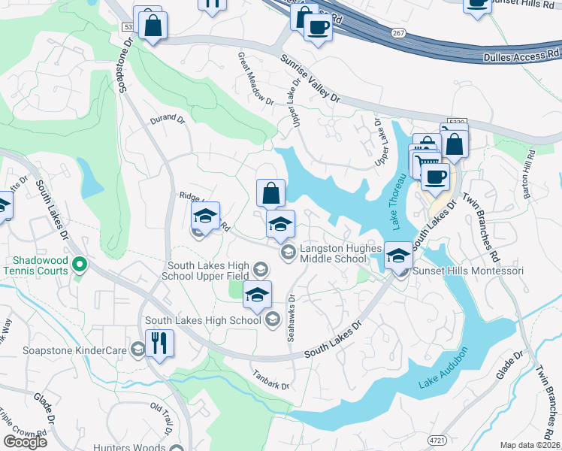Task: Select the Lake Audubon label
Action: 444,369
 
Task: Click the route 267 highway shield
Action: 398,32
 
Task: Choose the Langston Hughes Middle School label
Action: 332,253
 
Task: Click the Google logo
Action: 25,441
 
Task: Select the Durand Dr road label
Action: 167,118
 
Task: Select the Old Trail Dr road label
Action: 162,419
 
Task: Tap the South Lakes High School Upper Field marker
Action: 260,269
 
